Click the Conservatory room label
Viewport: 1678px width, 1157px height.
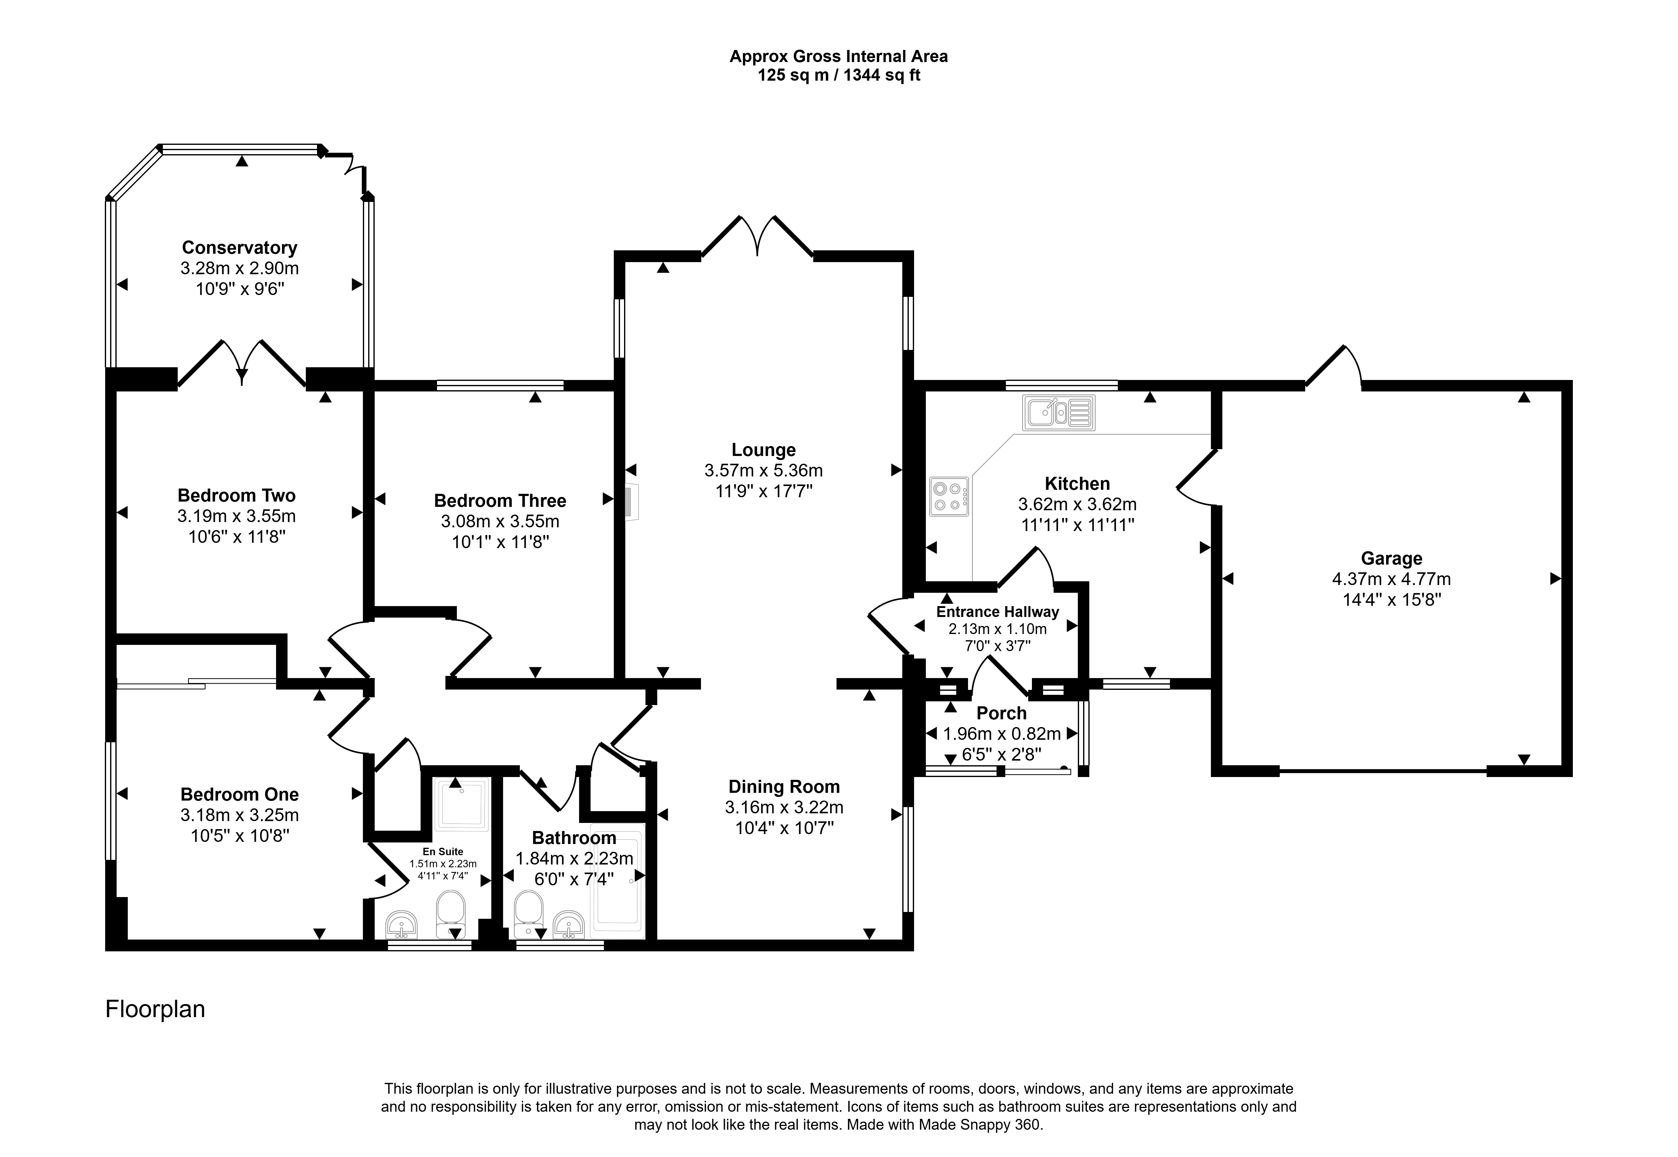(x=239, y=248)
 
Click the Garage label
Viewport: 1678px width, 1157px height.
(x=1391, y=558)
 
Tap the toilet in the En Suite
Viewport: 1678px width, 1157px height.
(x=450, y=915)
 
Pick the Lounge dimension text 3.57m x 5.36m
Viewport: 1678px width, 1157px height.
(x=763, y=471)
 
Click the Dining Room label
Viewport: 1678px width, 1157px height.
(x=784, y=787)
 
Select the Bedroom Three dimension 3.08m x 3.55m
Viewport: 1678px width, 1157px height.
(x=500, y=521)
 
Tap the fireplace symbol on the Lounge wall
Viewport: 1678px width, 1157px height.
(x=632, y=502)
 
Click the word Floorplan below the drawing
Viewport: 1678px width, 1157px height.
(x=155, y=1009)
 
